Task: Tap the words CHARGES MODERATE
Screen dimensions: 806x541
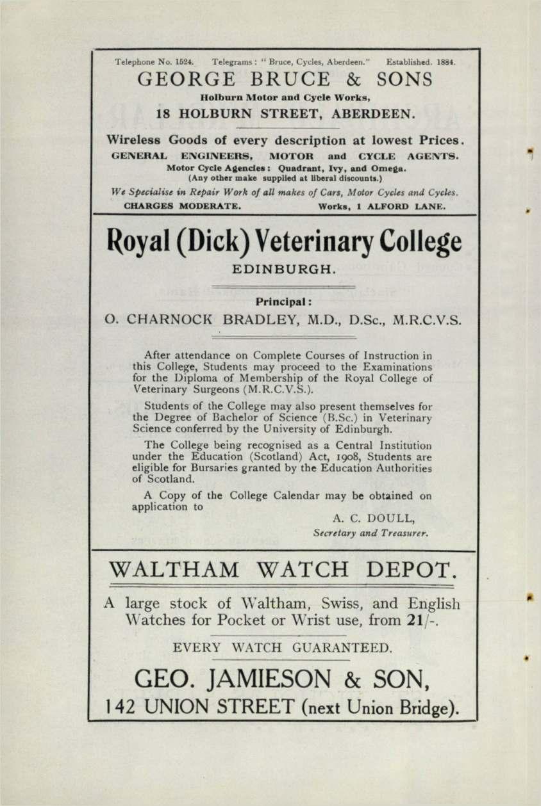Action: pyautogui.click(x=181, y=207)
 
